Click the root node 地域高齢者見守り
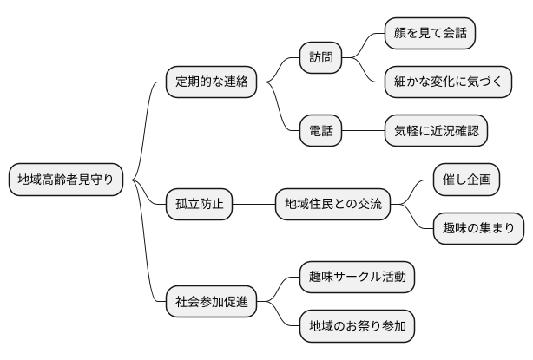(x=65, y=180)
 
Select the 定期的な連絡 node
(x=212, y=82)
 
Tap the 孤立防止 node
(x=199, y=205)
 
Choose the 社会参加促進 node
(x=212, y=302)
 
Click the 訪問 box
(x=320, y=57)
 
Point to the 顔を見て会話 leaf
(x=430, y=33)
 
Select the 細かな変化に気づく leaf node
(x=448, y=82)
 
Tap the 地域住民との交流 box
(x=332, y=205)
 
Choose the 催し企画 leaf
(x=466, y=180)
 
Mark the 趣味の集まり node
(x=478, y=229)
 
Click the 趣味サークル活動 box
(x=356, y=278)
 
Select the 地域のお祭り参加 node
(x=356, y=327)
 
